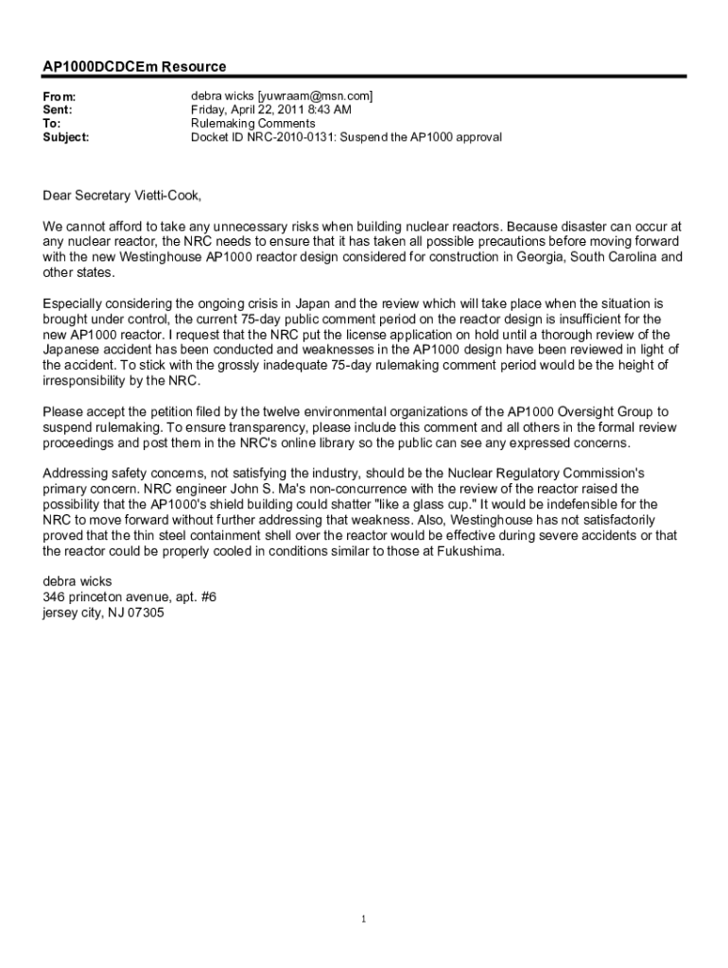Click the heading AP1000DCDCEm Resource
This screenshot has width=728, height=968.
[134, 66]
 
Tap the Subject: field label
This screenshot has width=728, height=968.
[66, 137]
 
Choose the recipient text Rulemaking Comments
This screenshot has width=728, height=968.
[253, 124]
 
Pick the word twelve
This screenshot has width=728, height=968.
[310, 411]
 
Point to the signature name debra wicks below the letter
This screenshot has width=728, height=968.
[78, 581]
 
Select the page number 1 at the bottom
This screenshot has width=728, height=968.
[364, 919]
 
